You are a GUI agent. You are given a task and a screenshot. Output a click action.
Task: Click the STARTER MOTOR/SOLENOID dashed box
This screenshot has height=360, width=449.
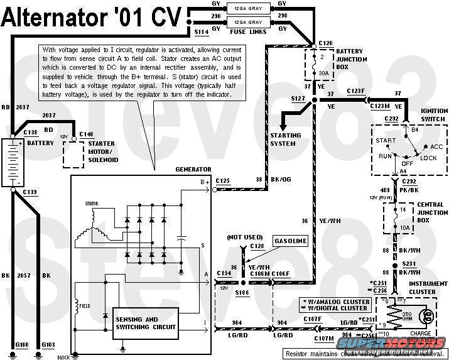click(82, 151)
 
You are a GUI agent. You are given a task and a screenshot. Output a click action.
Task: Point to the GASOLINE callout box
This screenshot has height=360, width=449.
click(289, 241)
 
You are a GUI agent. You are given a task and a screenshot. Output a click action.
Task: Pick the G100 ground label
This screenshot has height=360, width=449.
click(21, 345)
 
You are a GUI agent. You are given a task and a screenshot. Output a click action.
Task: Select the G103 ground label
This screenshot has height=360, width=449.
click(49, 345)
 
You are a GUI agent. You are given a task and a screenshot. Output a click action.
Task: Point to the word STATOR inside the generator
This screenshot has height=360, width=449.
click(92, 204)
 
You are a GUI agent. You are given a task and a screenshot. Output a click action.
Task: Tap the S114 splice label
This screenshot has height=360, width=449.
click(202, 31)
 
